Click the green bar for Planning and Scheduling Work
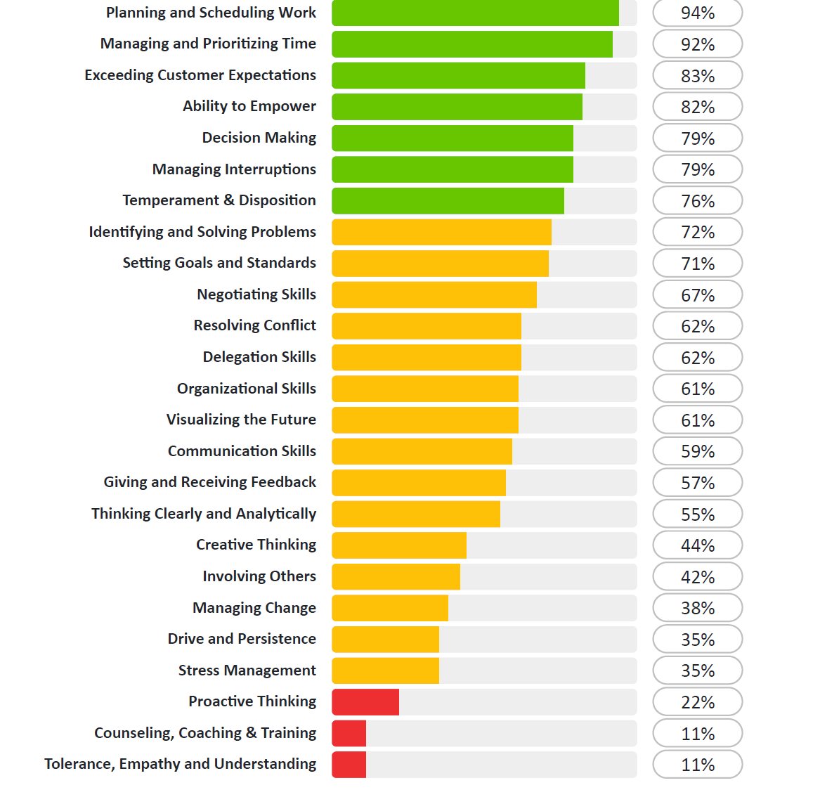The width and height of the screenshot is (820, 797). coord(475,13)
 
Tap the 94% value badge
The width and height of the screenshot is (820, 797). coord(697,13)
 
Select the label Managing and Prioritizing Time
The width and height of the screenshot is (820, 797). coord(208,44)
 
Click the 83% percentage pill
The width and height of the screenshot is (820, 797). coord(697,75)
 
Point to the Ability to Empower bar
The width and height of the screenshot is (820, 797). coord(457,107)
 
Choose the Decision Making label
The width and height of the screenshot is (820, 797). coord(259,138)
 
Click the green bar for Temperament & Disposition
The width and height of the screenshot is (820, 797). coord(448,201)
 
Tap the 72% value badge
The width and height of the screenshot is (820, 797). coord(697,232)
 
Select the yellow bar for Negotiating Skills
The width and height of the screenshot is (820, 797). coord(434,295)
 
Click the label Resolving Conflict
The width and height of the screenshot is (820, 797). coord(254,325)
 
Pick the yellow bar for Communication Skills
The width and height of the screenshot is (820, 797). coord(422,451)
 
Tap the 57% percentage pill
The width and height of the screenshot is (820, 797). coord(697,483)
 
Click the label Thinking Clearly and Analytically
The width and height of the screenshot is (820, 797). coord(204,514)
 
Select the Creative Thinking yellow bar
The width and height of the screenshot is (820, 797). coord(399,545)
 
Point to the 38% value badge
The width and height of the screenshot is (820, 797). coord(697,608)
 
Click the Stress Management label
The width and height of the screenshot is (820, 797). coord(247,670)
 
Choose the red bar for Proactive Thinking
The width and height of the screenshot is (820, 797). coord(365,702)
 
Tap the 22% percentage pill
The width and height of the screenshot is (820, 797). coord(697,702)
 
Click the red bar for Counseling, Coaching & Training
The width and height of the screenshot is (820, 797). coord(349,733)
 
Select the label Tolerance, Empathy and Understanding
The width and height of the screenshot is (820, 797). coord(180,764)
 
